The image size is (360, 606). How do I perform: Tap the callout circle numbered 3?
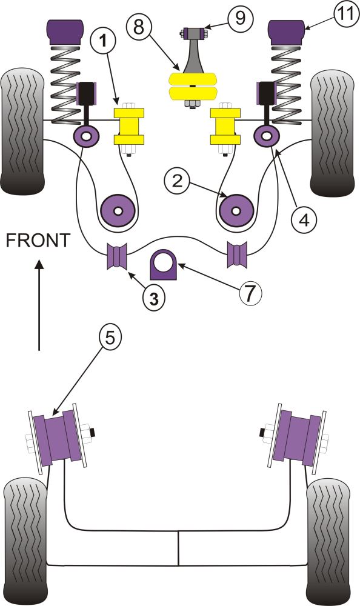point(154,298)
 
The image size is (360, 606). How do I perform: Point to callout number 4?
point(304,216)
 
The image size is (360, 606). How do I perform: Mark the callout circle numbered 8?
point(139,26)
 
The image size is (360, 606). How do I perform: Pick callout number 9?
point(241,18)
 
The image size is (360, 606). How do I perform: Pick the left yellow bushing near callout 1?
point(129,126)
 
